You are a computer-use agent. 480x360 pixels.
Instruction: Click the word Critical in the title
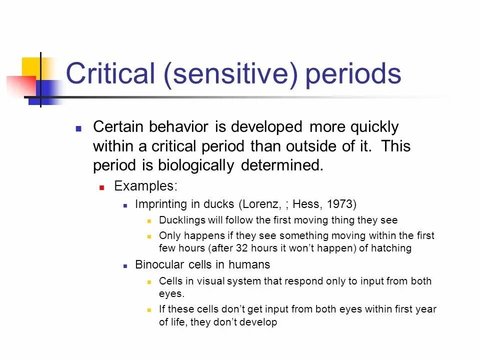[110, 73]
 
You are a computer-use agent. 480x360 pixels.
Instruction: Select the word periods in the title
[353, 75]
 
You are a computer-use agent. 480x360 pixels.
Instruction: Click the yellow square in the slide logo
[31, 68]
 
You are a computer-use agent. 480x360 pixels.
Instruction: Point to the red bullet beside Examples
[102, 187]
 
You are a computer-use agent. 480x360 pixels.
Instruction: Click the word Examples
[145, 186]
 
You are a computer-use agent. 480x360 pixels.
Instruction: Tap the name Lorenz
[260, 204]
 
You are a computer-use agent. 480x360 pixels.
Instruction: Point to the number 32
[242, 248]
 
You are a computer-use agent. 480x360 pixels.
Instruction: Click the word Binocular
[159, 264]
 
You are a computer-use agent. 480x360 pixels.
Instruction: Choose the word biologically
[196, 166]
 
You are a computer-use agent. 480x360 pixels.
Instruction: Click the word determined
[282, 165]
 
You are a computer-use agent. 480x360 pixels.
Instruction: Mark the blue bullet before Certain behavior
[78, 128]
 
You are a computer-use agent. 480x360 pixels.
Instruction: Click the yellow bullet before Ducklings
[149, 221]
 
